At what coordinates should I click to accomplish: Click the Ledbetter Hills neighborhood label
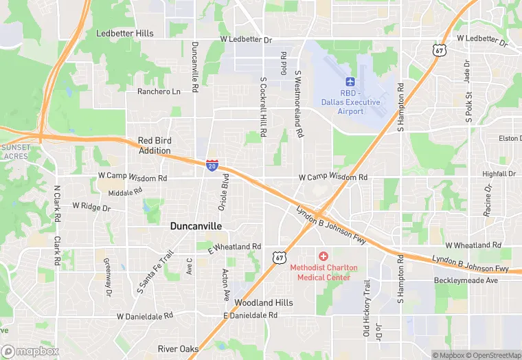pos(125,33)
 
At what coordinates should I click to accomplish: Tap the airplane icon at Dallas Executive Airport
pos(350,82)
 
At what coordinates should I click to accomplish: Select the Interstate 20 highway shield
pos(212,165)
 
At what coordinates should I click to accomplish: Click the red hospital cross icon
pos(323,256)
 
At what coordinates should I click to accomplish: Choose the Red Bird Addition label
pos(154,145)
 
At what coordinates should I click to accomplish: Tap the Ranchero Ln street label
pos(159,91)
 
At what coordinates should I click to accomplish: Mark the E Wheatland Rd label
pos(234,247)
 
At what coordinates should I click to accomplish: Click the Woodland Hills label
pos(264,302)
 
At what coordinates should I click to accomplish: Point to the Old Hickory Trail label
pos(366,308)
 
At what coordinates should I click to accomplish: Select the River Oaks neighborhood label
pos(179,349)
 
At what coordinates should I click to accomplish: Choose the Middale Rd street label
pos(125,192)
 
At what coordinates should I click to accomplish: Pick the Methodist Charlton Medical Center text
pos(320,272)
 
